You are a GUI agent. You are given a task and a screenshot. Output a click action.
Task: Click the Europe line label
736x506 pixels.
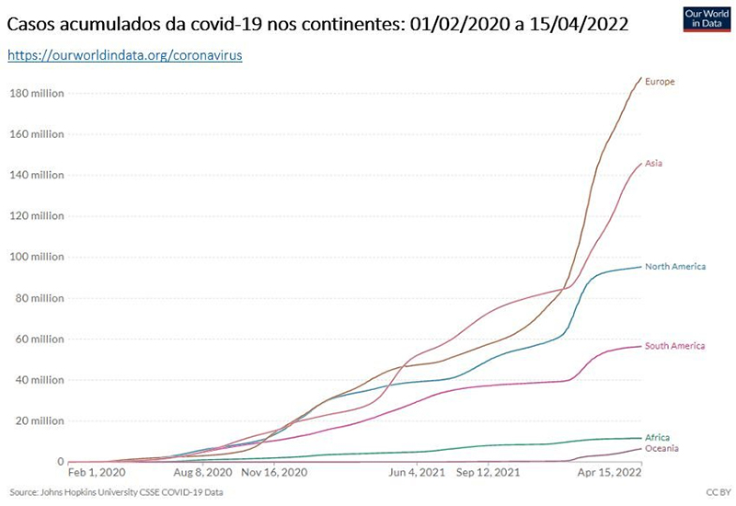660,82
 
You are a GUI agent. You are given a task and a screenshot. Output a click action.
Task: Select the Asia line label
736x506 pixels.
653,164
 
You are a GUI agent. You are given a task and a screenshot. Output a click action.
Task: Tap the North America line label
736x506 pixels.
675,267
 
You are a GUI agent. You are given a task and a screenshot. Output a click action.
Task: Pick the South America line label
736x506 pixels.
675,346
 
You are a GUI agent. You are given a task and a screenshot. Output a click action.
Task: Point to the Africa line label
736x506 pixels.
657,437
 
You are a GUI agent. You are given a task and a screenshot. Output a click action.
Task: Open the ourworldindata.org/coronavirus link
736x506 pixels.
124,56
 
